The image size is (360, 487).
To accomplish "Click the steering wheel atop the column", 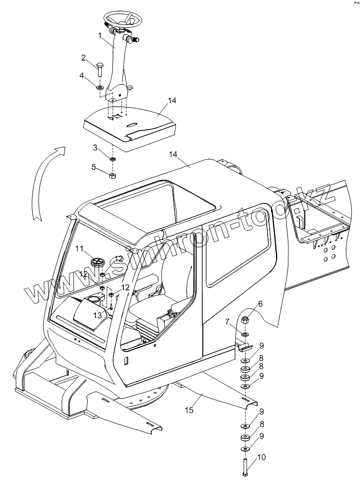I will (123, 19).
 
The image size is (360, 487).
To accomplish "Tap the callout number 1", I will (99, 36).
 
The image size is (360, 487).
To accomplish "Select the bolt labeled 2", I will (100, 70).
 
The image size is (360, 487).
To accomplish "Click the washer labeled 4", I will (99, 87).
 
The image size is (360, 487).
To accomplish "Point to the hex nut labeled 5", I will (112, 175).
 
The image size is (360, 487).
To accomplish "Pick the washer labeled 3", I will (112, 159).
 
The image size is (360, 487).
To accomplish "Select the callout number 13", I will (97, 315).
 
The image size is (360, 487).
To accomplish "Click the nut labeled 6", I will (245, 319).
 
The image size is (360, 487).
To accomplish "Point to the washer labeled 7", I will (245, 334).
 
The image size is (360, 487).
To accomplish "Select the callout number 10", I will (261, 458).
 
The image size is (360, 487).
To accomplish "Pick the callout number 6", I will (261, 303).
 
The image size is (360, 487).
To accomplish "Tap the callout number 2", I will (83, 58).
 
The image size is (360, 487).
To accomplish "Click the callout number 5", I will (95, 167).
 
